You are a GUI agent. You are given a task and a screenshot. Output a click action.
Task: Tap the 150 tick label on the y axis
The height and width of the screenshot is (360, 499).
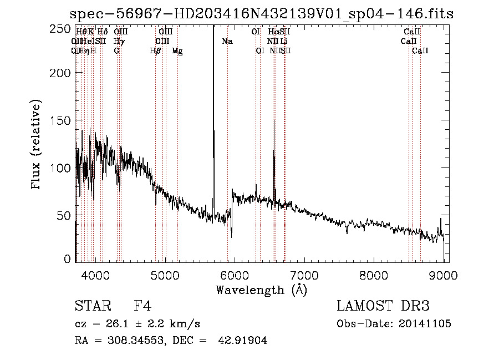[x=64, y=120]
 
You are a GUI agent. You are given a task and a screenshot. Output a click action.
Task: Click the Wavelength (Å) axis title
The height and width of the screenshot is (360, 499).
[x=261, y=290]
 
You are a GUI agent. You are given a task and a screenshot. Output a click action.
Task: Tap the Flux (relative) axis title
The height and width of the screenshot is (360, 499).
[x=37, y=146]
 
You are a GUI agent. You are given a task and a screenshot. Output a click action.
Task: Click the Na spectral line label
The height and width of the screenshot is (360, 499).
[x=227, y=42]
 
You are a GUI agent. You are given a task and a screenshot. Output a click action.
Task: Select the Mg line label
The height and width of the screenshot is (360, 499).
[x=177, y=51]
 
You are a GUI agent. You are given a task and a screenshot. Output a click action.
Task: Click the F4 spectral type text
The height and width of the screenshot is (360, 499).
[x=142, y=306]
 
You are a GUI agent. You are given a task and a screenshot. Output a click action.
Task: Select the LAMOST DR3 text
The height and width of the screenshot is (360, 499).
[x=383, y=306]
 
